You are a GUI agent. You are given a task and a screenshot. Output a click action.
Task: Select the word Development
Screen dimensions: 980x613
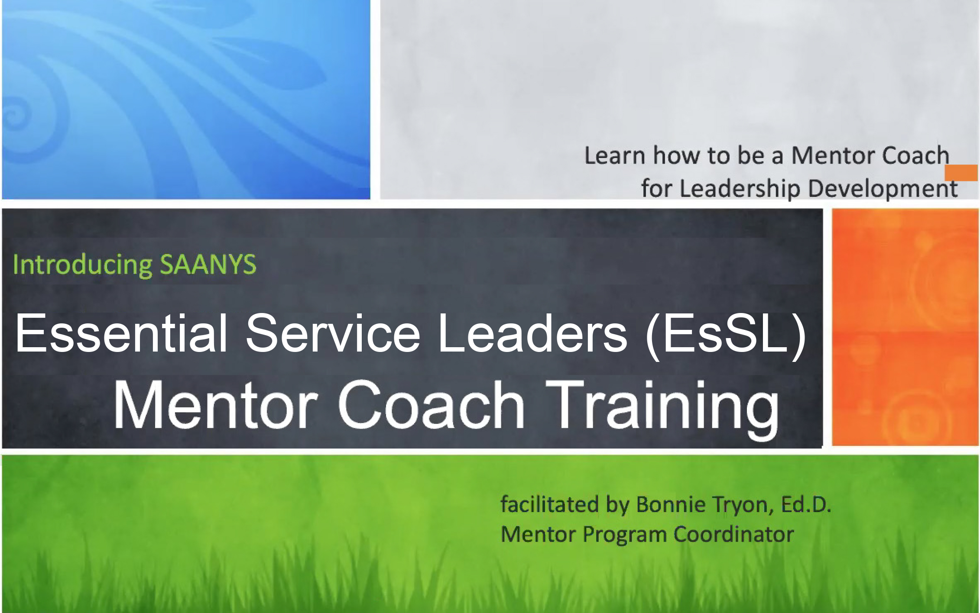click(883, 188)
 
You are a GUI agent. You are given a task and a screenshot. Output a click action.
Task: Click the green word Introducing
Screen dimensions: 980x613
click(82, 264)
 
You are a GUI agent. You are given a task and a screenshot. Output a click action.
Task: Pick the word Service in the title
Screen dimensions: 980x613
click(333, 334)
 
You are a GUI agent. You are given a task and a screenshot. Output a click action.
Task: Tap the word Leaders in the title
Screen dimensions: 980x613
click(532, 334)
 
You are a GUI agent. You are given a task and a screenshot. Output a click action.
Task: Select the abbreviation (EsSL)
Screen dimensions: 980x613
click(725, 336)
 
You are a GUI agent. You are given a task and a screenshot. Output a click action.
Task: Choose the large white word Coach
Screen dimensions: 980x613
click(431, 405)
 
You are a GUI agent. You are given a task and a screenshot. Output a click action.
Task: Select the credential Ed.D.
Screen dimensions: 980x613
click(806, 504)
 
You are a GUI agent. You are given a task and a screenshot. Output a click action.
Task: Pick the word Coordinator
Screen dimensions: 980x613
click(734, 534)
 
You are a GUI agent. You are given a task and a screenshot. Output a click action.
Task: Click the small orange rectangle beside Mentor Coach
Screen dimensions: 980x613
click(961, 173)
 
